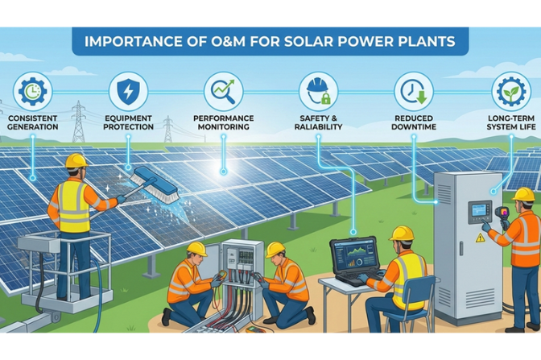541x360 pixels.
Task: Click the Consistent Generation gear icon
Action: click(x=32, y=91)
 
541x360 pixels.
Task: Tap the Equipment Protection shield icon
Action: click(x=128, y=91)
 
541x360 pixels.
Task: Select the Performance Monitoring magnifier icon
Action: click(x=223, y=91)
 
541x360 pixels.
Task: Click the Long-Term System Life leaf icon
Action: click(x=510, y=91)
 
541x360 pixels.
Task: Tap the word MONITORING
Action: click(x=223, y=126)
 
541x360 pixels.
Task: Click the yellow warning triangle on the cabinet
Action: click(x=481, y=238)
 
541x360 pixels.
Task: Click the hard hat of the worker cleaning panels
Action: click(x=76, y=160)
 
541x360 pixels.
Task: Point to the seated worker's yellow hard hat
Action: click(x=401, y=233)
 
